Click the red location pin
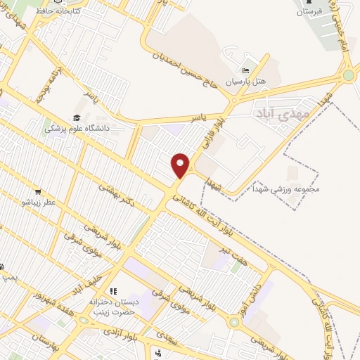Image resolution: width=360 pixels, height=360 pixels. click(x=181, y=165)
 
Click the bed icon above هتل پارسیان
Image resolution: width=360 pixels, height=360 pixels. click(x=245, y=71)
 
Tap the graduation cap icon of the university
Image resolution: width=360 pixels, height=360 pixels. click(x=76, y=117)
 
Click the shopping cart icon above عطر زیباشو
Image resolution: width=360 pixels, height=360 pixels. click(x=37, y=192)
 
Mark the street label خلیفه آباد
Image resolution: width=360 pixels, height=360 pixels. click(x=90, y=276)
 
